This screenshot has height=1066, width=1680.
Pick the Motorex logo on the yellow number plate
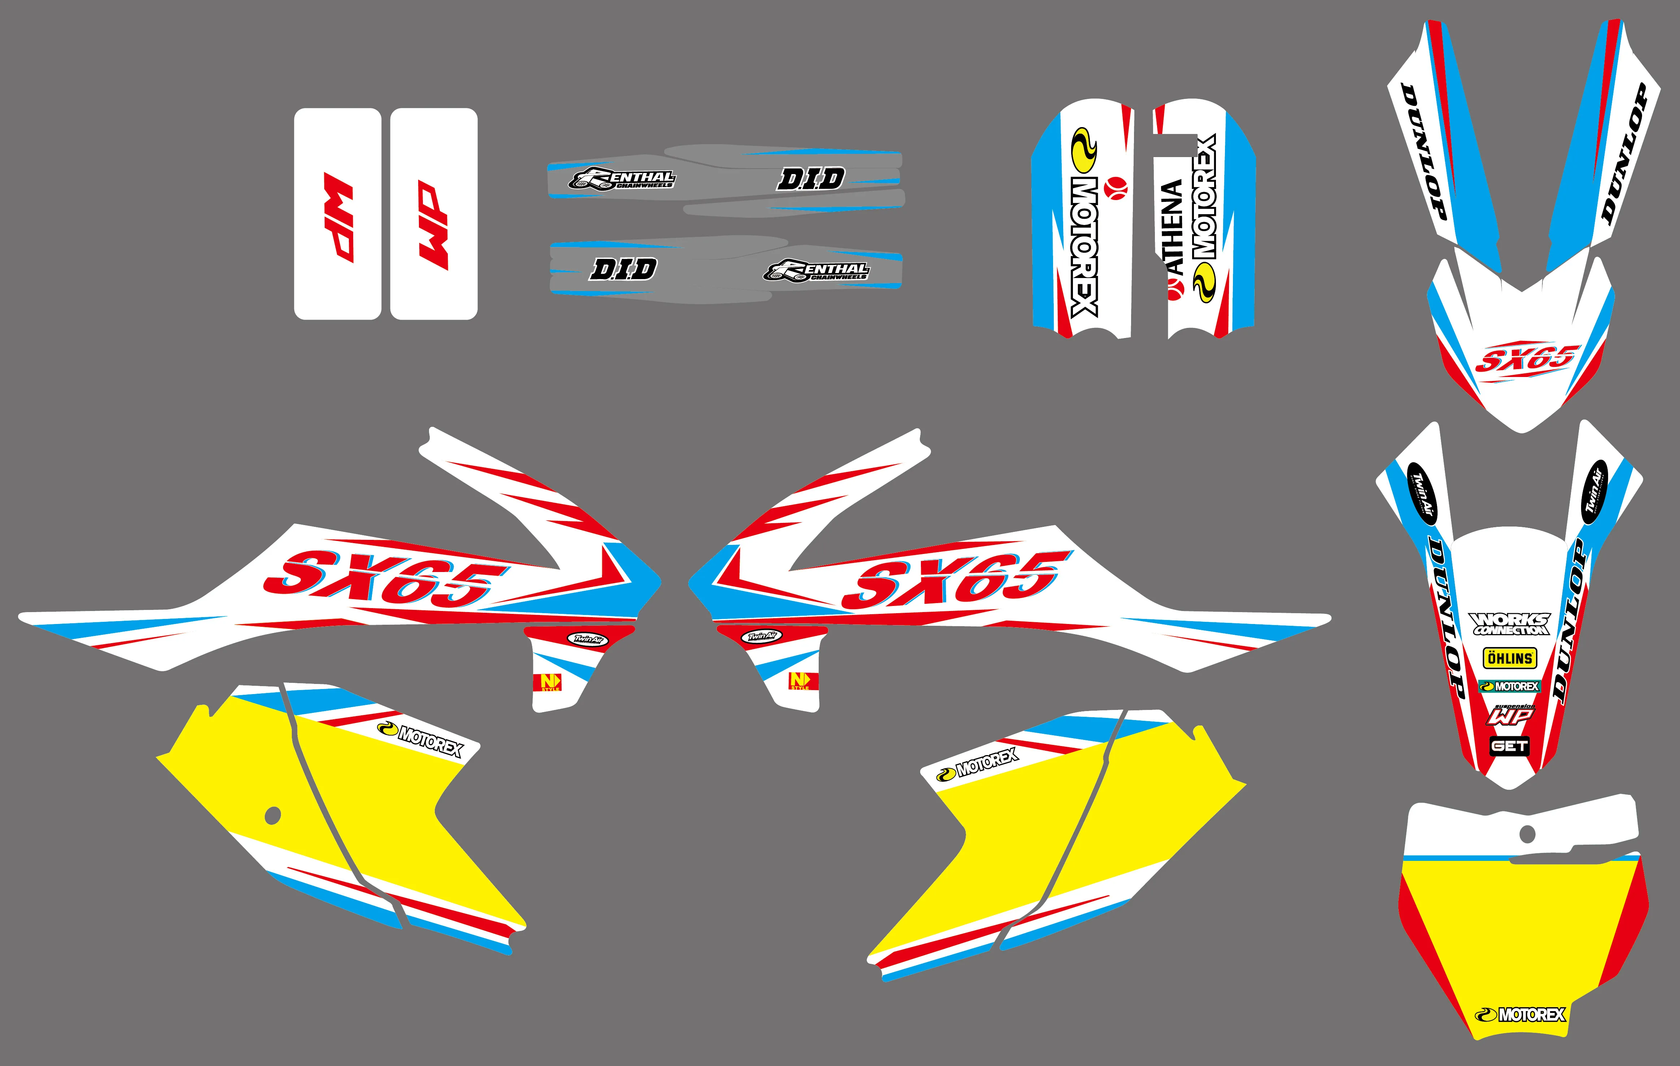[1521, 1014]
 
